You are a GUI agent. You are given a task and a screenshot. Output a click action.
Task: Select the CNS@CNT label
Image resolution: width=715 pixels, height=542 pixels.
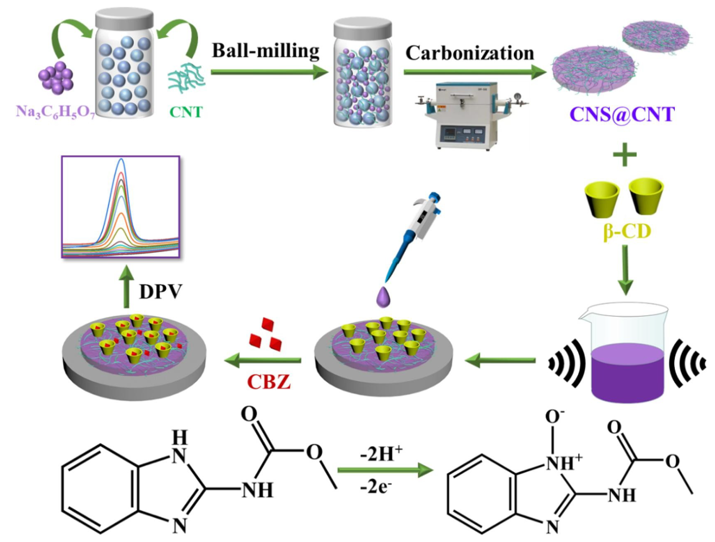pyautogui.click(x=622, y=114)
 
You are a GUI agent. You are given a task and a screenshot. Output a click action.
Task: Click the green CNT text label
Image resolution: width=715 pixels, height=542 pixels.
pyautogui.click(x=186, y=112)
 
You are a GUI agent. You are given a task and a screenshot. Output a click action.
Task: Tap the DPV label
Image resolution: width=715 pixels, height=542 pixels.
pyautogui.click(x=161, y=292)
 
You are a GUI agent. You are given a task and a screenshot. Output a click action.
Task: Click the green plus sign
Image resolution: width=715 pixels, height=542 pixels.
pyautogui.click(x=624, y=155)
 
